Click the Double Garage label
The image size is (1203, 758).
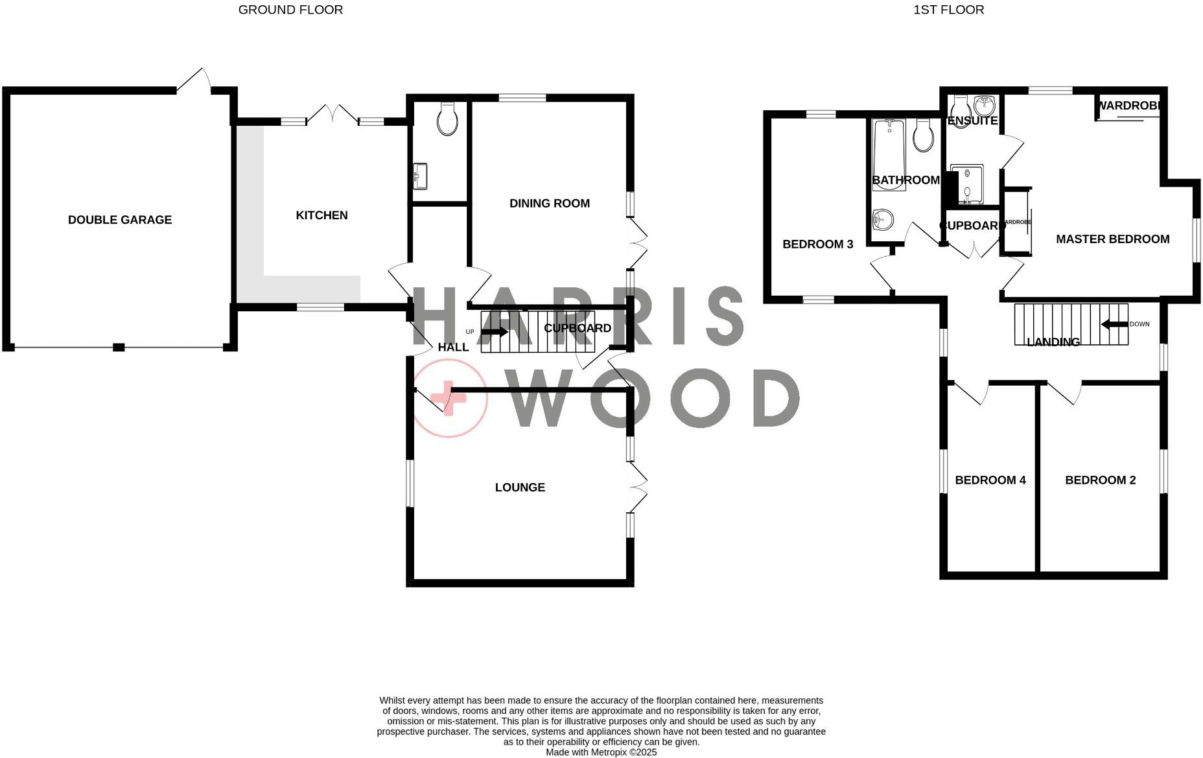[x=120, y=220]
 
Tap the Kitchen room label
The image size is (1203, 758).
[x=321, y=215]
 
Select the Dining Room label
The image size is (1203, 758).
[x=549, y=204]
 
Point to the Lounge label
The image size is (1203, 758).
[x=520, y=488]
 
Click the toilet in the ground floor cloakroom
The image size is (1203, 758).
[x=447, y=119]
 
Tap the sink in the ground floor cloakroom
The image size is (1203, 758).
[x=420, y=176]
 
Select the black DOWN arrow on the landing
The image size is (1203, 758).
[x=1114, y=324]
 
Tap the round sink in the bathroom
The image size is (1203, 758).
[x=882, y=220]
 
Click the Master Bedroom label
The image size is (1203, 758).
[x=1112, y=239]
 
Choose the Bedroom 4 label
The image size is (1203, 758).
[x=990, y=480]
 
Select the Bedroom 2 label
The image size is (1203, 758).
[x=1100, y=480]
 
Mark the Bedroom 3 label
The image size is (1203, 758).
[x=817, y=244]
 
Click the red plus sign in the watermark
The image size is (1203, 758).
[x=449, y=398]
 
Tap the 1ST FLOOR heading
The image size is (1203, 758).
[x=948, y=10]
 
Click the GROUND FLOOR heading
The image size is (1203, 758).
[x=290, y=10]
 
